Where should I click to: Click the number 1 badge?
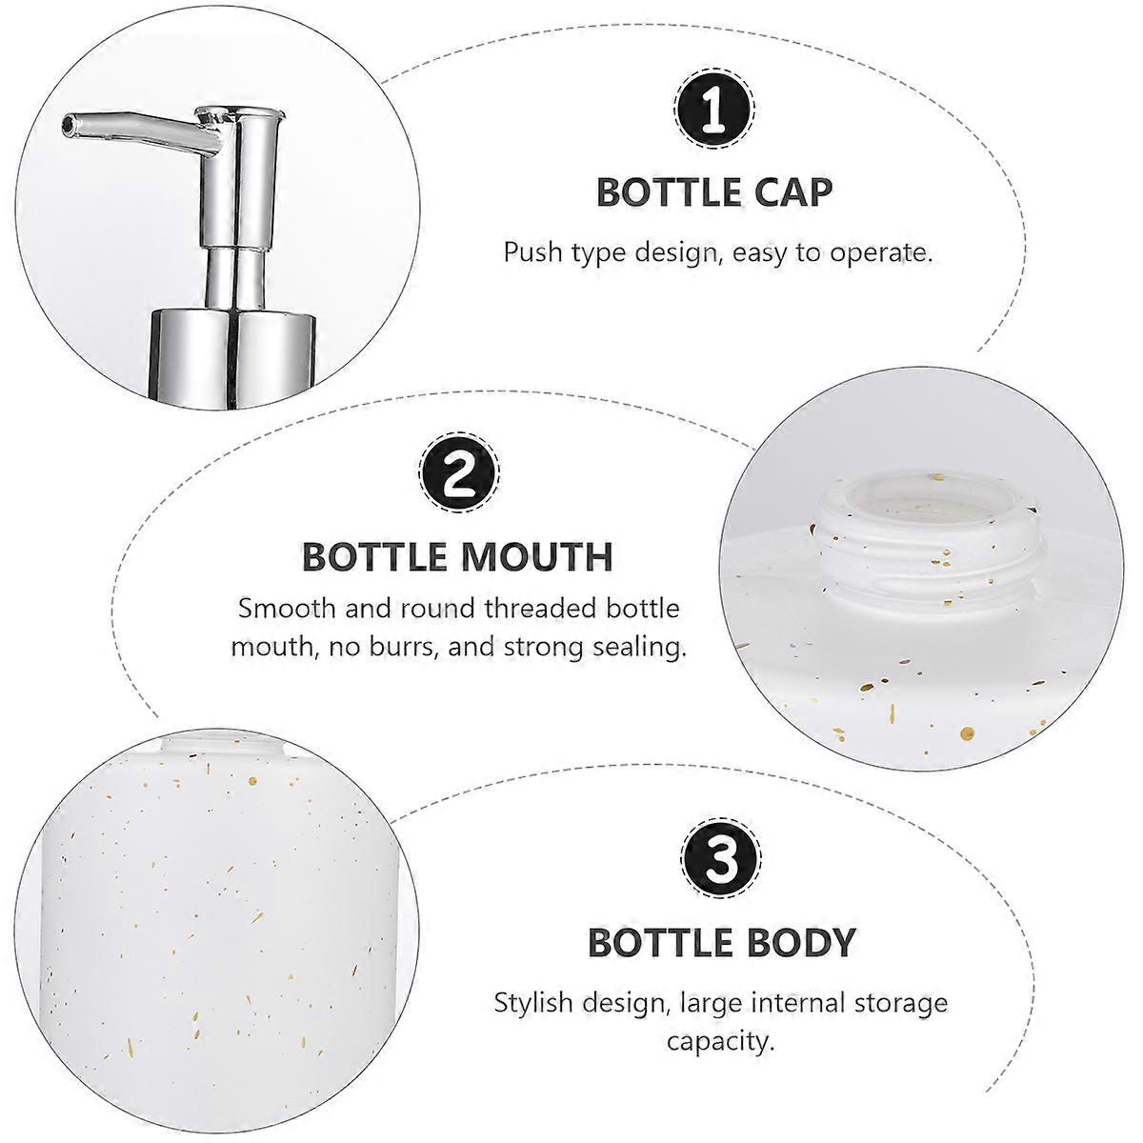pyautogui.click(x=714, y=110)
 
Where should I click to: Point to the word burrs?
pyautogui.click(x=403, y=647)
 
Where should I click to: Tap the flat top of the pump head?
pyautogui.click(x=240, y=110)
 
